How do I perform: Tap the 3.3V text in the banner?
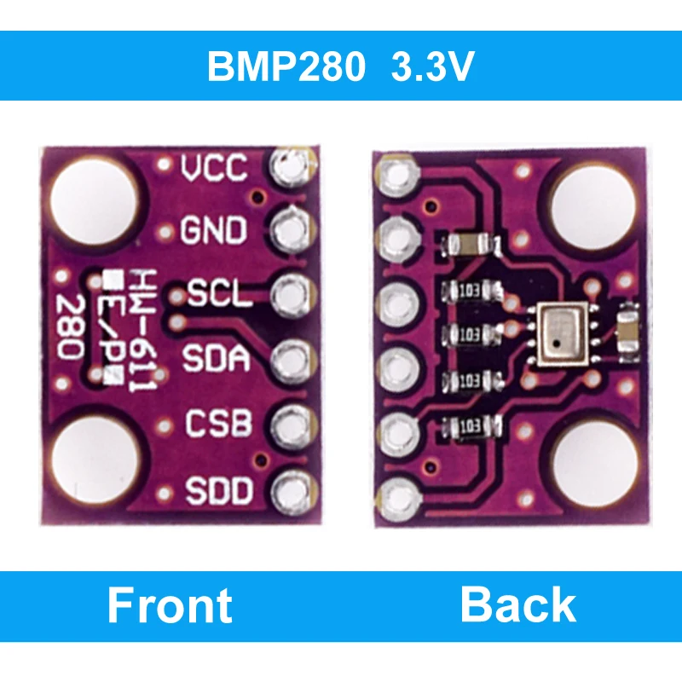(431, 67)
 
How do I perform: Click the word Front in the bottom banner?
(169, 606)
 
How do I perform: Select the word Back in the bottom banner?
(517, 605)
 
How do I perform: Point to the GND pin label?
(214, 231)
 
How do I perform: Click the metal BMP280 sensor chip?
(559, 333)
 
